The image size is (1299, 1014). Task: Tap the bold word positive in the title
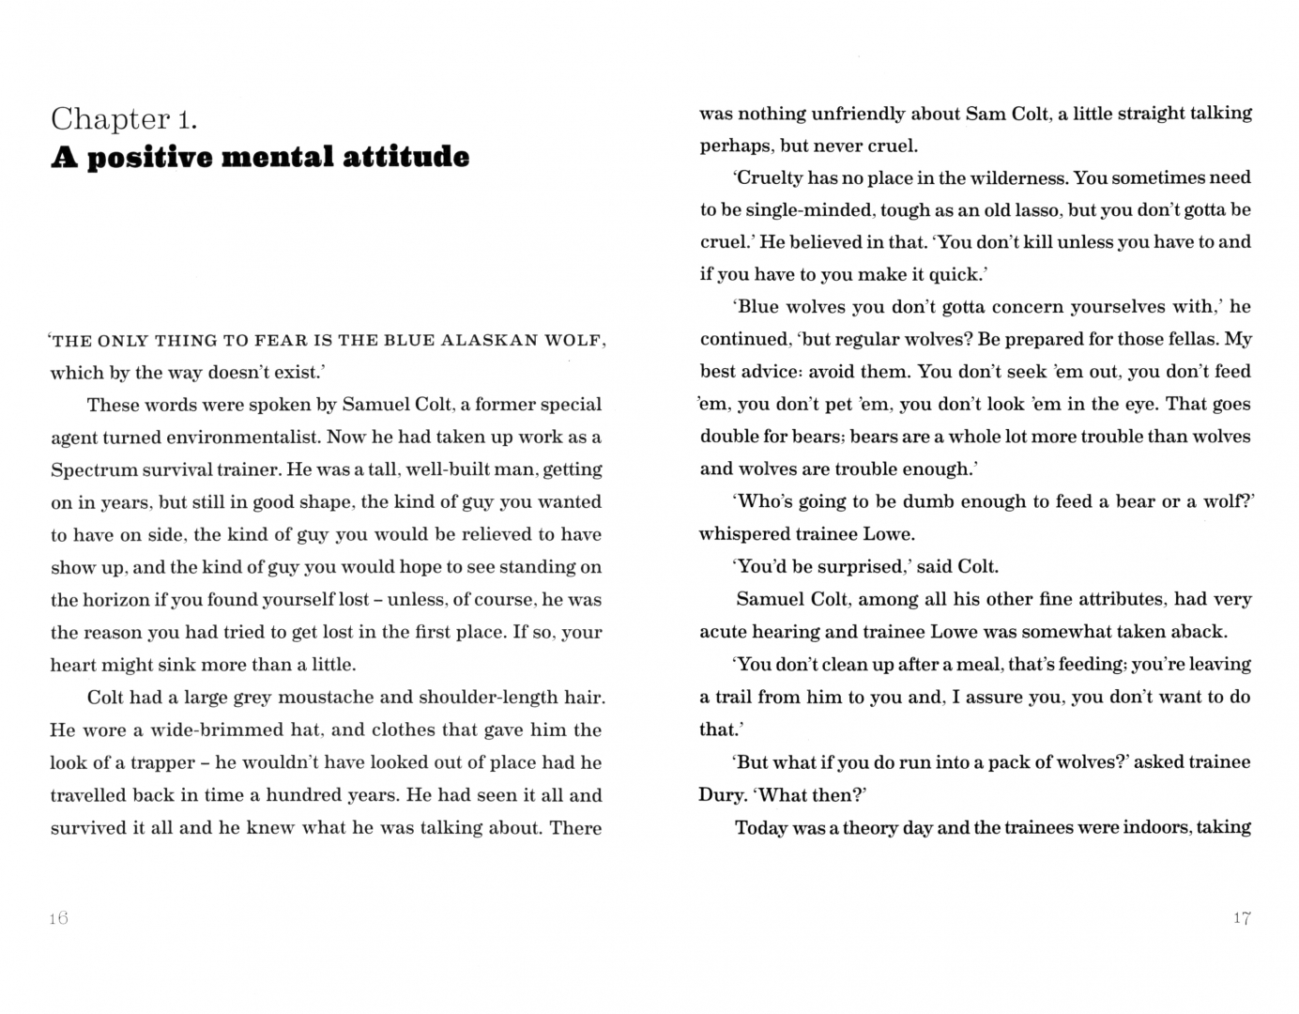coord(148,157)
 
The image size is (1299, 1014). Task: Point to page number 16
coord(58,918)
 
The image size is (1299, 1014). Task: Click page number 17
coord(1242,918)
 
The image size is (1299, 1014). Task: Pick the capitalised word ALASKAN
coord(489,340)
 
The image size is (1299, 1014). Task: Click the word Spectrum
coord(94,469)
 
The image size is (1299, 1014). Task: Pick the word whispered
coord(742,534)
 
